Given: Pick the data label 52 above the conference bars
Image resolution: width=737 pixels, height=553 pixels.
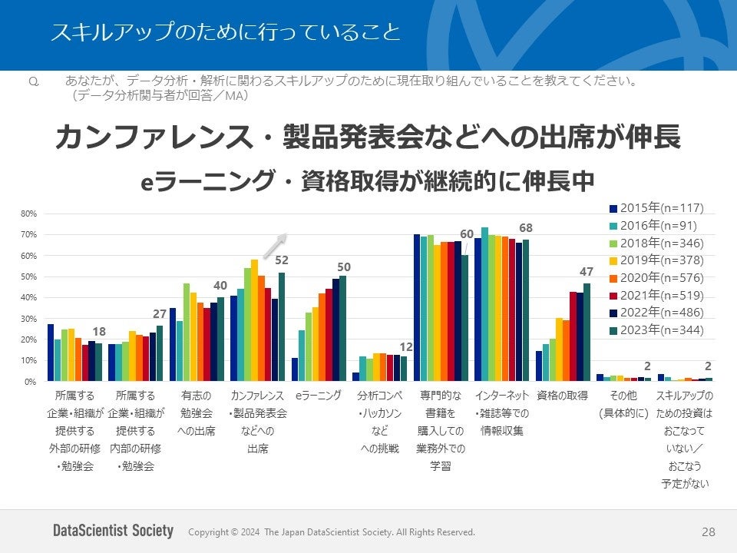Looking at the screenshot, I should [x=282, y=260].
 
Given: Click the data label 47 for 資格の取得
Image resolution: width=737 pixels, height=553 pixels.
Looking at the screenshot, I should [x=587, y=271].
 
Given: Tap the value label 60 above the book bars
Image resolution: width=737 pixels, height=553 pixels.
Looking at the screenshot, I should [x=467, y=233].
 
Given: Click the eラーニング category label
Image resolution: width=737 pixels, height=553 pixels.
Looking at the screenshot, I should [x=318, y=396].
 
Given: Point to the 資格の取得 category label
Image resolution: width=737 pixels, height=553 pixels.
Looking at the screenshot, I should [x=562, y=396].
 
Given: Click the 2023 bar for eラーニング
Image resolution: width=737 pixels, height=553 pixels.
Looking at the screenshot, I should [x=342, y=328].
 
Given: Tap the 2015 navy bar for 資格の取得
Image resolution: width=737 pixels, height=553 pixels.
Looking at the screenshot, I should [x=539, y=366].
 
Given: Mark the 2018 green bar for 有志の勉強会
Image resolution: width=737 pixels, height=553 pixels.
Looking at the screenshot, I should [x=187, y=332].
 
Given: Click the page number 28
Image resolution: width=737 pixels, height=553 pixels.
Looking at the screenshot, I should [x=708, y=531].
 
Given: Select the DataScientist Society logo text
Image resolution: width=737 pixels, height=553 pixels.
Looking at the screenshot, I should [x=113, y=531].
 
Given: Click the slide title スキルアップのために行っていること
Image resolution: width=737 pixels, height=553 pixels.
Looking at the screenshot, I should [x=225, y=32].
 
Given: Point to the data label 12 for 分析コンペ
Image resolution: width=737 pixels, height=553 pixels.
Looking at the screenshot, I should [x=406, y=347].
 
